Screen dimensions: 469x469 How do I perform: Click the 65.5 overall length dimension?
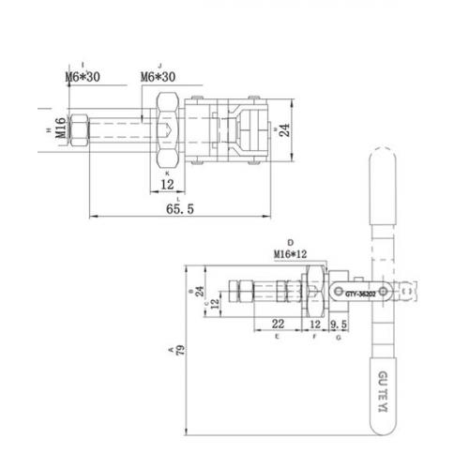point(179,210)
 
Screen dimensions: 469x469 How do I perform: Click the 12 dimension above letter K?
point(167,185)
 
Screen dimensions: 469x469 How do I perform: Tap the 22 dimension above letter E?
point(278,324)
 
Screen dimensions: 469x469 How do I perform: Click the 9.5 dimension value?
point(339,324)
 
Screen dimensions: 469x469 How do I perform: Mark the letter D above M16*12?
point(291,242)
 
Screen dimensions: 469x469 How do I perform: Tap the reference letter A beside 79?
point(170,350)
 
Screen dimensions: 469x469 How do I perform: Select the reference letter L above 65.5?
point(167,198)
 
